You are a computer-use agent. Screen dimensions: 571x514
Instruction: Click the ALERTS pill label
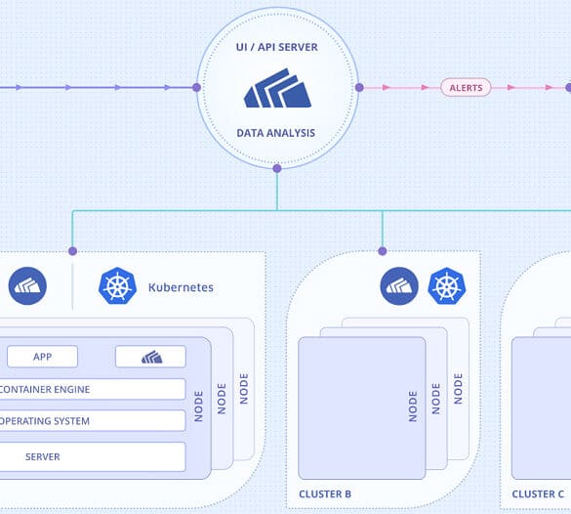(x=466, y=88)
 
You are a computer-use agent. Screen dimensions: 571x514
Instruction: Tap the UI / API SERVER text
(x=277, y=47)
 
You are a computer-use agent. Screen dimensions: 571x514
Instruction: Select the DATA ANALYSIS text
(x=275, y=133)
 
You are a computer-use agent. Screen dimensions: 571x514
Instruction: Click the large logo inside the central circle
(x=277, y=88)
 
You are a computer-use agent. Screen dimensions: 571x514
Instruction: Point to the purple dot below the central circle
(x=277, y=168)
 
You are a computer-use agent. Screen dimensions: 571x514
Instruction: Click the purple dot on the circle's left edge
(x=196, y=88)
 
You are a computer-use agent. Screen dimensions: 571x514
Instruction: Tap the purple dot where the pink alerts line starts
(x=359, y=88)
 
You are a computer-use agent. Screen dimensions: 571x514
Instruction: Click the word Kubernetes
(x=181, y=287)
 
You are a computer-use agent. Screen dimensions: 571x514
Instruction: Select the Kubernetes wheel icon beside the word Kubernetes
(x=117, y=286)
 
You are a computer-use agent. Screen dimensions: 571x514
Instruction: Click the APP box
(x=42, y=357)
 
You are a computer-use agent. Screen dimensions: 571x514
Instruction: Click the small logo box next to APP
(x=150, y=357)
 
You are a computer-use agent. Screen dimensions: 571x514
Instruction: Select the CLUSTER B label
(x=325, y=493)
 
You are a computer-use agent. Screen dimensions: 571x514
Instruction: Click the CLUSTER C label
(x=538, y=493)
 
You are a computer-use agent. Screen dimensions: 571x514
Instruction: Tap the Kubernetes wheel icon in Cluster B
(x=447, y=286)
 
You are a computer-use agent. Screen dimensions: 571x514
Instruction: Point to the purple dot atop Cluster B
(x=383, y=251)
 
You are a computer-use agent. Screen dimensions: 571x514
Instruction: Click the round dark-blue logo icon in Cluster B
(x=399, y=286)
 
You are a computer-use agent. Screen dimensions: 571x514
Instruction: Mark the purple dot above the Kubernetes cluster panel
(x=72, y=251)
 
